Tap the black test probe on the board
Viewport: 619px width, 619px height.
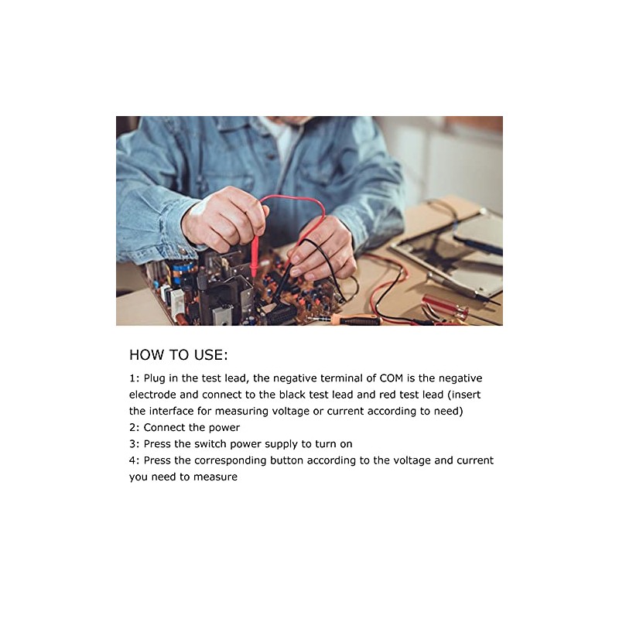pyautogui.click(x=285, y=282)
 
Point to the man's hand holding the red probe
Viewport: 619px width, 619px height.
pyautogui.click(x=224, y=221)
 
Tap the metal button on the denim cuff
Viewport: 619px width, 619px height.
pyautogui.click(x=183, y=250)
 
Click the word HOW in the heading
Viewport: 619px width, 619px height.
pyautogui.click(x=146, y=354)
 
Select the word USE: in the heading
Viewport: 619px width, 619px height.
pyautogui.click(x=210, y=354)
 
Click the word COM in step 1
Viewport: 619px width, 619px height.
pyautogui.click(x=391, y=378)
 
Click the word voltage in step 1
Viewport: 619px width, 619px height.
pyautogui.click(x=291, y=412)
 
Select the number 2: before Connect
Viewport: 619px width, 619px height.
pyautogui.click(x=134, y=428)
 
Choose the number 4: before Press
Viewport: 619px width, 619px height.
pyautogui.click(x=134, y=460)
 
